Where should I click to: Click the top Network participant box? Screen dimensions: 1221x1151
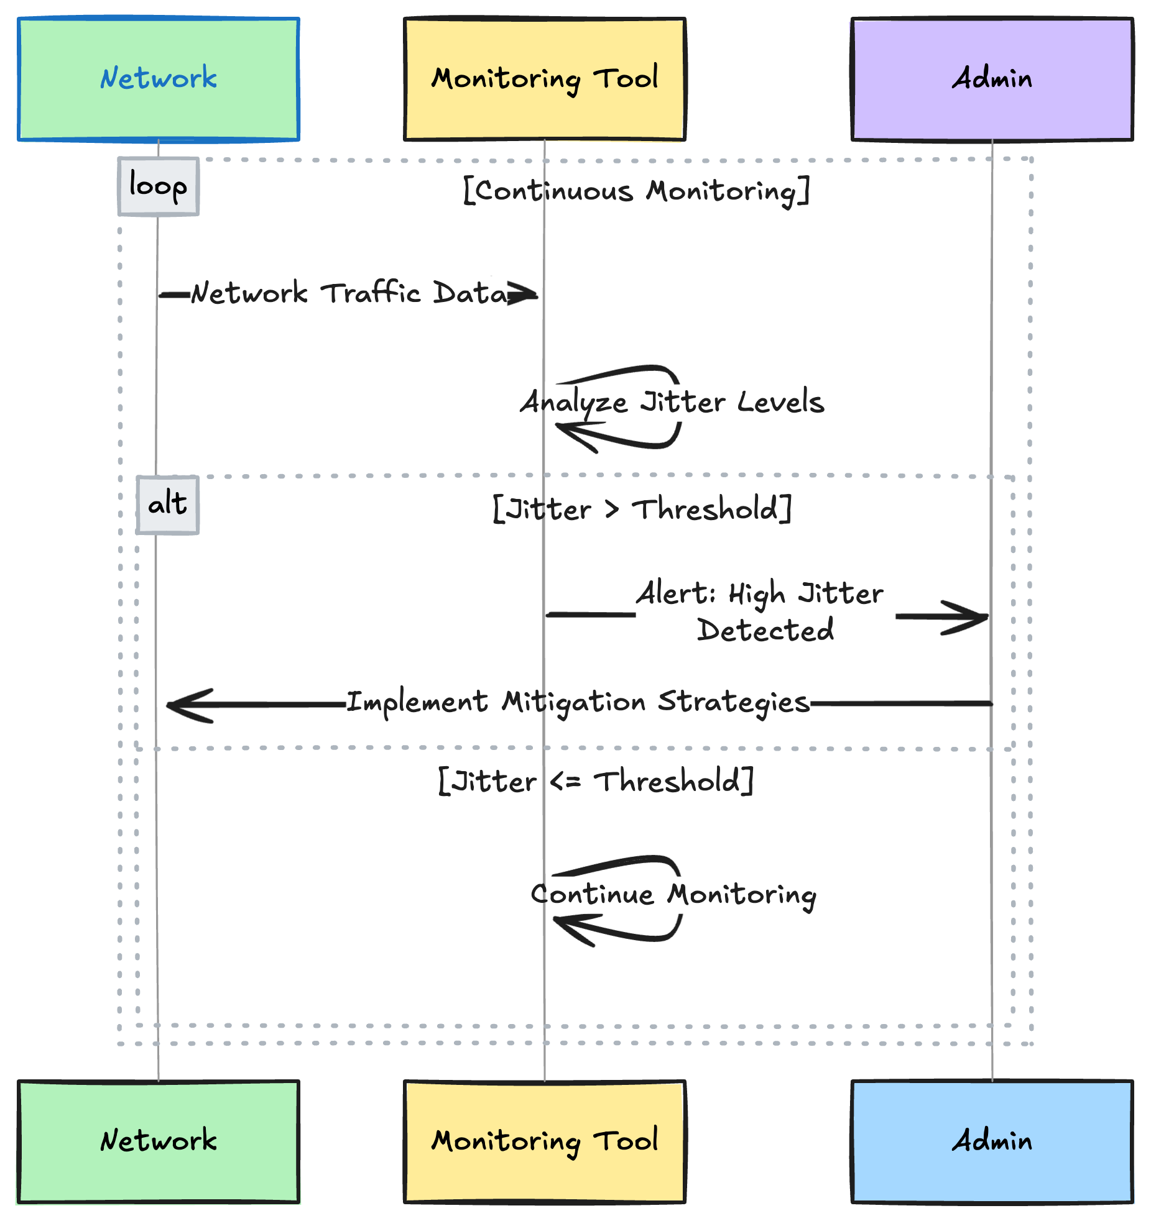pos(159,79)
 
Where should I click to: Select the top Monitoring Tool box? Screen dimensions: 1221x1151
pos(545,79)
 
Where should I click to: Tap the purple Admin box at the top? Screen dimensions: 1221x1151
pos(992,79)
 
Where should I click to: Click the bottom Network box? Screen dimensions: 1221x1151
pos(159,1141)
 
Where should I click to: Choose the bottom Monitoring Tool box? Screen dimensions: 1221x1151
pos(545,1141)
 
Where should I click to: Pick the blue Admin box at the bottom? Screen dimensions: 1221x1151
pos(992,1141)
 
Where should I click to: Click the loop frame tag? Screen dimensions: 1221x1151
pos(158,186)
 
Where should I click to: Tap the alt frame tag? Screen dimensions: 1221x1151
pos(167,505)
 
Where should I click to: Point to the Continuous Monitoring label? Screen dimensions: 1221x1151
pos(636,191)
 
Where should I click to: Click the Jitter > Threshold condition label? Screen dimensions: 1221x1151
pos(642,510)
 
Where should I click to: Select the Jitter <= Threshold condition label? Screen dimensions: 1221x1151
pos(596,781)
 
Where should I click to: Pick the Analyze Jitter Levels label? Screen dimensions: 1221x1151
pos(673,402)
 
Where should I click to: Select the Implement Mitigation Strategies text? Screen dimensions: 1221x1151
pos(578,703)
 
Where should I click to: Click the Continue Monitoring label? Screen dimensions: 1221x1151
pos(673,895)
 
